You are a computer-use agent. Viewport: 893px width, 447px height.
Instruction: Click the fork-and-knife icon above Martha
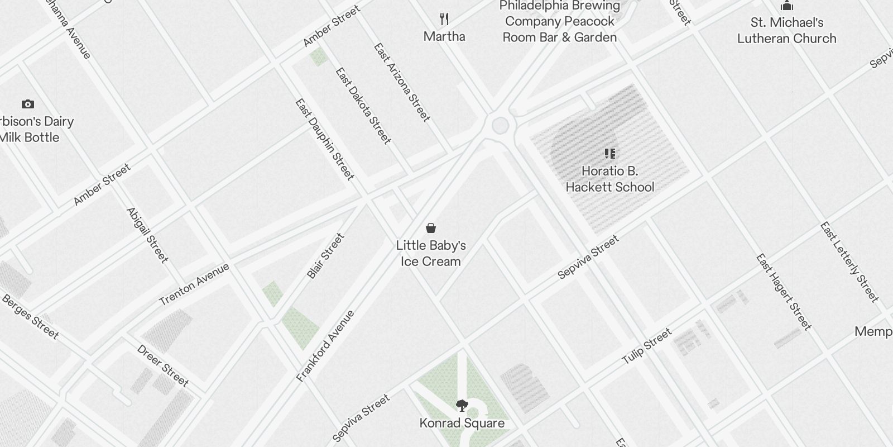pyautogui.click(x=444, y=19)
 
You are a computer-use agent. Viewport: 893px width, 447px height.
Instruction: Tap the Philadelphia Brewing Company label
pyautogui.click(x=560, y=22)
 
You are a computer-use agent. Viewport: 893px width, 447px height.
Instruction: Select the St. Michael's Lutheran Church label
pyautogui.click(x=786, y=31)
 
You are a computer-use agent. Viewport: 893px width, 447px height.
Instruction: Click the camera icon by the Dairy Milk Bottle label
pyautogui.click(x=27, y=104)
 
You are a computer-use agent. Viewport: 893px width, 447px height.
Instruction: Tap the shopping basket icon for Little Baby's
pyautogui.click(x=430, y=228)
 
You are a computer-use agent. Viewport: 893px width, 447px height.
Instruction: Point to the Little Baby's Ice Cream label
pyautogui.click(x=430, y=253)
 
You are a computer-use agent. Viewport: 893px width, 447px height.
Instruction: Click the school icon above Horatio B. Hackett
pyautogui.click(x=609, y=153)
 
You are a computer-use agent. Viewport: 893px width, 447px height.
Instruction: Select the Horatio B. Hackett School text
pyautogui.click(x=609, y=179)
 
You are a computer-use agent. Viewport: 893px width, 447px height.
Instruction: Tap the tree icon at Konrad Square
pyautogui.click(x=462, y=406)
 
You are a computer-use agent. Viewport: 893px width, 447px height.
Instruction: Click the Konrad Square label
pyautogui.click(x=462, y=423)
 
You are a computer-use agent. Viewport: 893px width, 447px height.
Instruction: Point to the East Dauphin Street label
pyautogui.click(x=324, y=140)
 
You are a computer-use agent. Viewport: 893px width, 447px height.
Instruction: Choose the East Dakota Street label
pyautogui.click(x=363, y=106)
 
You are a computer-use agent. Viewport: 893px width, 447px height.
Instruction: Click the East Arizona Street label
pyautogui.click(x=402, y=82)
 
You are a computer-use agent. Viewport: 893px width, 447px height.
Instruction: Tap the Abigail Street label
pyautogui.click(x=147, y=235)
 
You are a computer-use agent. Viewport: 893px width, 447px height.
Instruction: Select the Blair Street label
pyautogui.click(x=325, y=256)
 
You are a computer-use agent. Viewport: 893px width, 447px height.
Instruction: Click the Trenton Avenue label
pyautogui.click(x=194, y=284)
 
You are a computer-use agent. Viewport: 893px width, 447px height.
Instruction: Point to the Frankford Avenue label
pyautogui.click(x=325, y=346)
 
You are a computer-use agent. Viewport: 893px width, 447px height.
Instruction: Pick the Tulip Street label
pyautogui.click(x=646, y=347)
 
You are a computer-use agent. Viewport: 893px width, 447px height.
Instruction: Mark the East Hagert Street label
pyautogui.click(x=782, y=291)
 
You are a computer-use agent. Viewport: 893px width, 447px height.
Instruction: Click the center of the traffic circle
pyautogui.click(x=500, y=126)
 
